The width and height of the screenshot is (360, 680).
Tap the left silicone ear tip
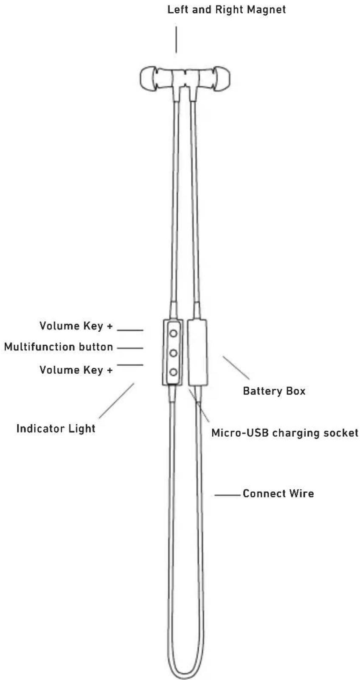tap(148, 78)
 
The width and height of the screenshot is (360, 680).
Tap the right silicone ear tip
tap(222, 78)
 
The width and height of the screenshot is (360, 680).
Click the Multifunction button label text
tap(59, 347)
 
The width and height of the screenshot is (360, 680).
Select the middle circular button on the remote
tap(173, 353)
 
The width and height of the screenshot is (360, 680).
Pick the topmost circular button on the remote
tap(173, 333)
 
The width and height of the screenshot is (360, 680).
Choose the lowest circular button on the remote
tap(173, 372)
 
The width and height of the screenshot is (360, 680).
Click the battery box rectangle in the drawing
tap(197, 353)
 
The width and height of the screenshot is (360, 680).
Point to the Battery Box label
tap(274, 391)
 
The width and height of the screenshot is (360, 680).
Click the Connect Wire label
tap(278, 494)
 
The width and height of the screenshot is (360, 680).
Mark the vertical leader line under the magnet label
tap(176, 39)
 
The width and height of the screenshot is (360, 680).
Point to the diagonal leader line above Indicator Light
tap(116, 401)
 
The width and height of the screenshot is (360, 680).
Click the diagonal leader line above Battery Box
tap(236, 368)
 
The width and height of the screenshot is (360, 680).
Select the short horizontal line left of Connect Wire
tap(228, 495)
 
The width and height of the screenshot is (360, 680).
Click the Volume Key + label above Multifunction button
tap(76, 326)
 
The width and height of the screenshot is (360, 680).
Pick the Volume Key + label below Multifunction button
tap(76, 370)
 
